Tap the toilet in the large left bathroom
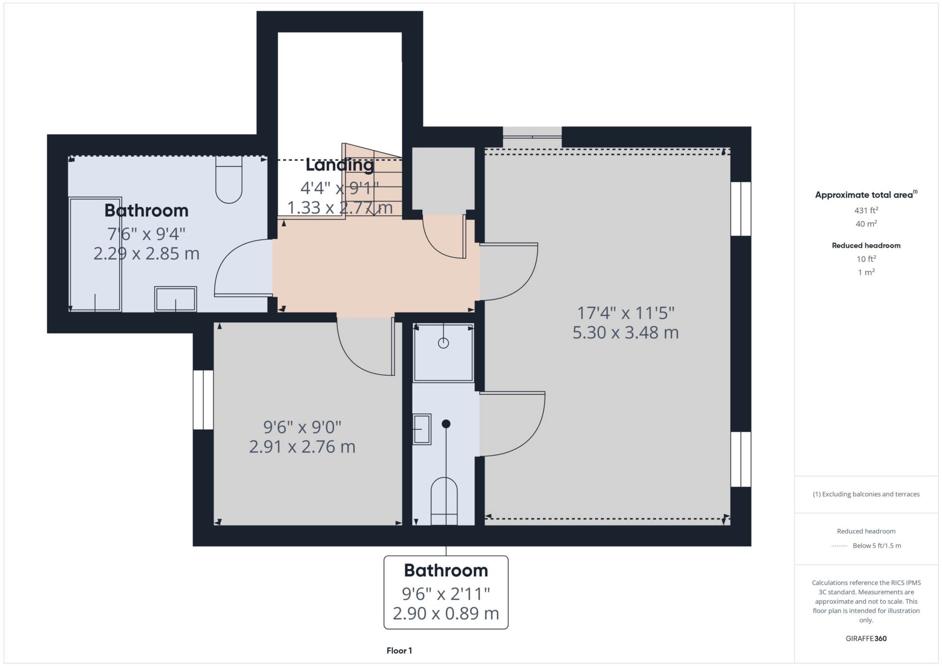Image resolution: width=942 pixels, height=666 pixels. tap(229, 179)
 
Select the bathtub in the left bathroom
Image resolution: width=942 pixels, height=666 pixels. tap(95, 255)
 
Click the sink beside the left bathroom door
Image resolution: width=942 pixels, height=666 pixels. tap(176, 299)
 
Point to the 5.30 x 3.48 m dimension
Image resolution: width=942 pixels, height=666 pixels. tap(626, 333)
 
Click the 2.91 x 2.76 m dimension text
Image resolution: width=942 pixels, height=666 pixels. tap(302, 447)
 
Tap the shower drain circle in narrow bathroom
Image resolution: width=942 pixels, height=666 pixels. tap(444, 343)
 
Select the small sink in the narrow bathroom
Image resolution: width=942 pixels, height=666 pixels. tap(421, 430)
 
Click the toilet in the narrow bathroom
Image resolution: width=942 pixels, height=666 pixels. tap(445, 501)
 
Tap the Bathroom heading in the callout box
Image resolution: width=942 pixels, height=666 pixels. tap(446, 570)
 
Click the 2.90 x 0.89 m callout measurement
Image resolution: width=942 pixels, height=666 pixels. tap(446, 614)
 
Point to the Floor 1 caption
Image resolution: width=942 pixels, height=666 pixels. tap(399, 651)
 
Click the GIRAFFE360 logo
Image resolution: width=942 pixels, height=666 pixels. tap(866, 639)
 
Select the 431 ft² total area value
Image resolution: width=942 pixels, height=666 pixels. tap(866, 210)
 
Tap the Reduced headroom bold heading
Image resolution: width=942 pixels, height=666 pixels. tap(866, 246)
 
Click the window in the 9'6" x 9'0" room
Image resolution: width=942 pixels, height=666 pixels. tap(203, 400)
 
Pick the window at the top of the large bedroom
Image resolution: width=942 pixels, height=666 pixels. tap(532, 137)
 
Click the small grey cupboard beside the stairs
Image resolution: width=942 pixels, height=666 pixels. tap(444, 181)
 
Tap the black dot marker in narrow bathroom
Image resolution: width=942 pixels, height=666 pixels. tap(446, 424)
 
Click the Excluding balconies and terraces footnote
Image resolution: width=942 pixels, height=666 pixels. tap(866, 494)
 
